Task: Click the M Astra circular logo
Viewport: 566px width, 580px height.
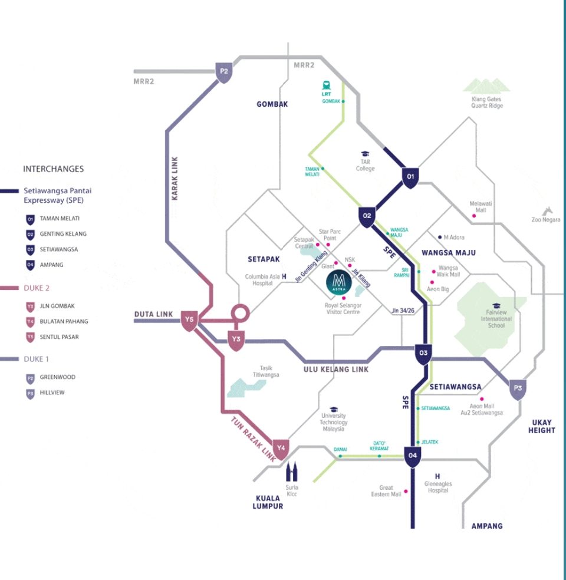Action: (x=340, y=283)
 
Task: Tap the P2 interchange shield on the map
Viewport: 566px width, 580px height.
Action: (x=223, y=72)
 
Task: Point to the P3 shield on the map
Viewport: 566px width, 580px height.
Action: (x=518, y=388)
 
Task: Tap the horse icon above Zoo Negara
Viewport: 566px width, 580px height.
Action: (x=549, y=210)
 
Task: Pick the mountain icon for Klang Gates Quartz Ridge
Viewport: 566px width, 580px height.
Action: (x=486, y=86)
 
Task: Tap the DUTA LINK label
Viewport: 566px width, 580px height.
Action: (x=153, y=314)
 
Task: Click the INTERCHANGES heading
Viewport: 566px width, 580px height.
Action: (x=53, y=169)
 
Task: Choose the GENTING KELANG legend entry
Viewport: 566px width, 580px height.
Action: (x=63, y=234)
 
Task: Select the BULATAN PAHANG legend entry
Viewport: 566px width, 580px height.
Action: (x=64, y=321)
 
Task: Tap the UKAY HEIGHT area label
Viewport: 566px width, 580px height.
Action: (x=541, y=426)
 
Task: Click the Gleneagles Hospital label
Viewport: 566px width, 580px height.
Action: (x=438, y=487)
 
